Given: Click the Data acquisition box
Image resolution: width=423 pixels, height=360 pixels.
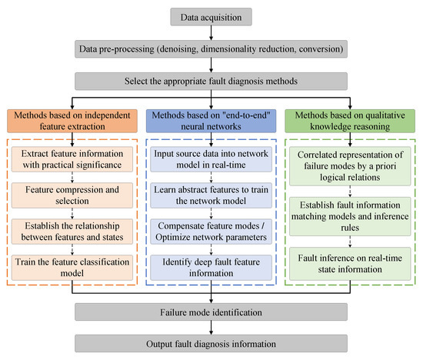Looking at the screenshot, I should click(211, 15).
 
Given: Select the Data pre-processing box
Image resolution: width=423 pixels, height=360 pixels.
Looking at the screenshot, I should click(211, 48).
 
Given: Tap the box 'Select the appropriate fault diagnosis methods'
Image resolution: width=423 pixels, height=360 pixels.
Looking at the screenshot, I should click(211, 80).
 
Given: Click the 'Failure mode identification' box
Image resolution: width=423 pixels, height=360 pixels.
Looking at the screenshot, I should click(211, 312).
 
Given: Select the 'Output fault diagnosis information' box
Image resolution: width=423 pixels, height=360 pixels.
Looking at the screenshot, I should click(211, 344).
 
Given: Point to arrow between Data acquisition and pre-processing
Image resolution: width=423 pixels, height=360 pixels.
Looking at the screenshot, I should click(211, 32).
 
